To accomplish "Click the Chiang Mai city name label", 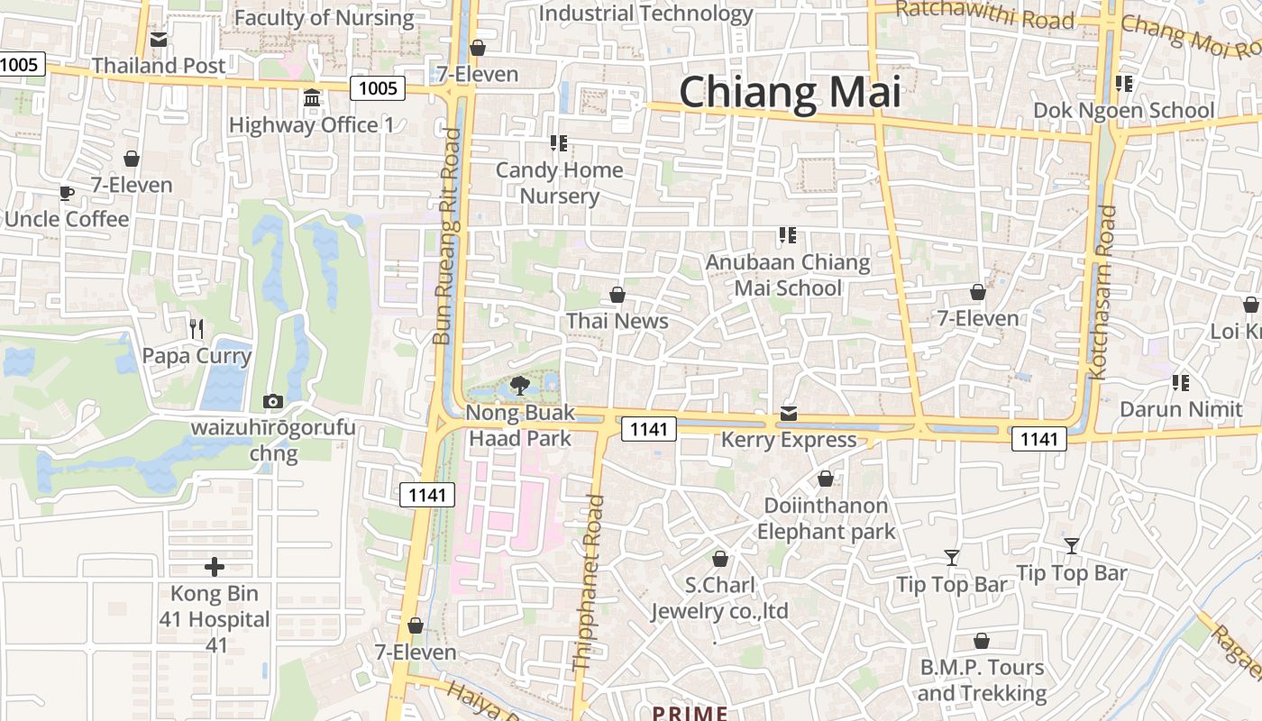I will (790, 93).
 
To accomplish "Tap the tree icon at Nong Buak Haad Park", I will (519, 386).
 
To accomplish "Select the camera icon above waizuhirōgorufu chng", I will (272, 401).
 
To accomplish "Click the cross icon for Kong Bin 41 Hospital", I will (214, 567).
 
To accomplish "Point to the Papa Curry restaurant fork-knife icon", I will (197, 329).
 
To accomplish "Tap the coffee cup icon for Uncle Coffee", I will (66, 193).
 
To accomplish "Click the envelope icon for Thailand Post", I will (159, 40).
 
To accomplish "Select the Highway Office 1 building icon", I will (312, 97).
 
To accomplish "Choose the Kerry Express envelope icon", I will (789, 414).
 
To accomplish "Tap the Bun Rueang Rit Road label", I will (447, 236).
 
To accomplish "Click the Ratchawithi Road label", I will (986, 15).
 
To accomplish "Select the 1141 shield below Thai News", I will (649, 429).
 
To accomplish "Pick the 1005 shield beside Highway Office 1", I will (378, 87).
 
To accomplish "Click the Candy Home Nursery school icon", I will (558, 143).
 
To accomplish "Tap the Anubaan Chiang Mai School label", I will (788, 275).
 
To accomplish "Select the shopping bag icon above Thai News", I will (617, 295).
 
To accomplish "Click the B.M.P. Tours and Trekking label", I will (982, 680).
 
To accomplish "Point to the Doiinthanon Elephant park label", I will (826, 518).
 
